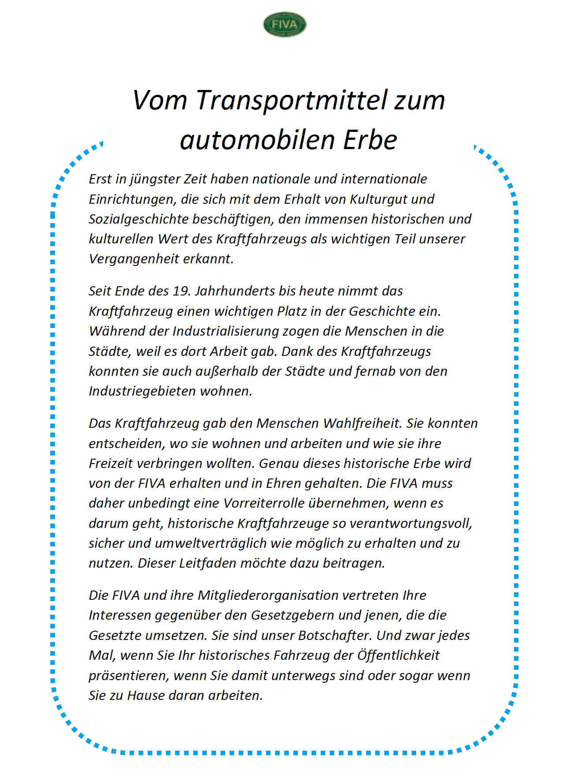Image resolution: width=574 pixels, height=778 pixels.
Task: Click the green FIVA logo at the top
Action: coord(284,24)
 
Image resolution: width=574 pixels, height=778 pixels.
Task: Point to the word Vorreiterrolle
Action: coord(264,503)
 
